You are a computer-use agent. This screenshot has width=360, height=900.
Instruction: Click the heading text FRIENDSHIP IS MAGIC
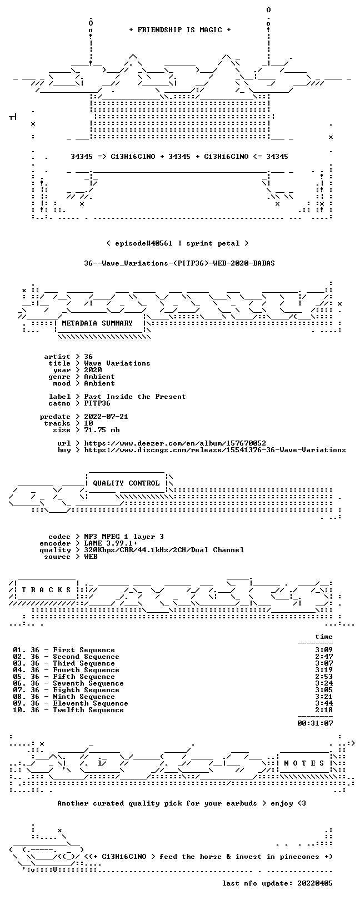click(180, 30)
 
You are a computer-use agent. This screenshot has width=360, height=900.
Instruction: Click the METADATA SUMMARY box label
click(97, 323)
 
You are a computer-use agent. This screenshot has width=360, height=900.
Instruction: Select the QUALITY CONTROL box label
click(126, 483)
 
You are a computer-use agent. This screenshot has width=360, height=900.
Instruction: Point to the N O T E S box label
click(304, 763)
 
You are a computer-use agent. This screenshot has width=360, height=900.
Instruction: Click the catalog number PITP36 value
click(97, 403)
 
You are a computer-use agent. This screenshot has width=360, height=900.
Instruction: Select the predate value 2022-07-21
click(106, 416)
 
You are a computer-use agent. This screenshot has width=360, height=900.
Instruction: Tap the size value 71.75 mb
click(102, 429)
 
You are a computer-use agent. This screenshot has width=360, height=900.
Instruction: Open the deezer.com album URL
click(175, 443)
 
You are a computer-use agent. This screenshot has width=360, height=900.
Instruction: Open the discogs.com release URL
click(215, 450)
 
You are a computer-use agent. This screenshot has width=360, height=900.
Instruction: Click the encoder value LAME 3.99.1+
click(111, 543)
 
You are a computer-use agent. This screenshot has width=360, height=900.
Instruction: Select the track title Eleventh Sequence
click(91, 703)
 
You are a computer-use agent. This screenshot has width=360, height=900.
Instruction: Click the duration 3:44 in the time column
click(324, 703)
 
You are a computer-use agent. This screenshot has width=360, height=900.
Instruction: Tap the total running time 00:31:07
click(315, 723)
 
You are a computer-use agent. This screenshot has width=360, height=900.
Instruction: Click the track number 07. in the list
click(19, 690)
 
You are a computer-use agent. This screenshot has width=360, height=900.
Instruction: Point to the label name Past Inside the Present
click(135, 397)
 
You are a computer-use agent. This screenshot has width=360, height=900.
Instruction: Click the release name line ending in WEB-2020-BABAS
click(179, 263)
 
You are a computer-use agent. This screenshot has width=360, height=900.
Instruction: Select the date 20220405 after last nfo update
click(315, 883)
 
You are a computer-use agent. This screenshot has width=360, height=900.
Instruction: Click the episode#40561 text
click(144, 243)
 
